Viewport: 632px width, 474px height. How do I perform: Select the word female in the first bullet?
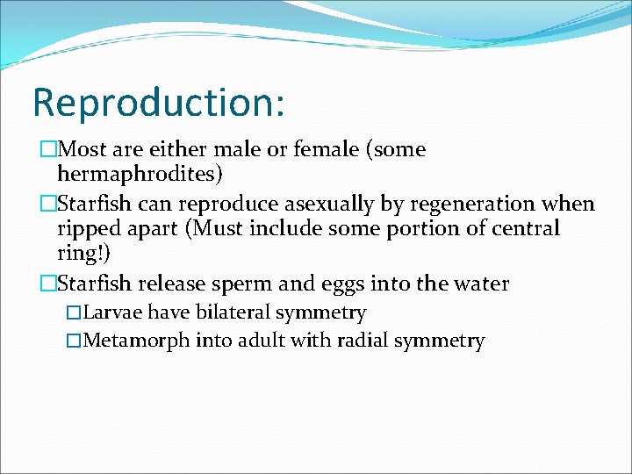coord(300,150)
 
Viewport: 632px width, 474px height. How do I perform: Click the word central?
coord(525,229)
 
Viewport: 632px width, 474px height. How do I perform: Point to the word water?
coord(481,284)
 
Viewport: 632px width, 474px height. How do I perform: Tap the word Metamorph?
coord(134,341)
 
